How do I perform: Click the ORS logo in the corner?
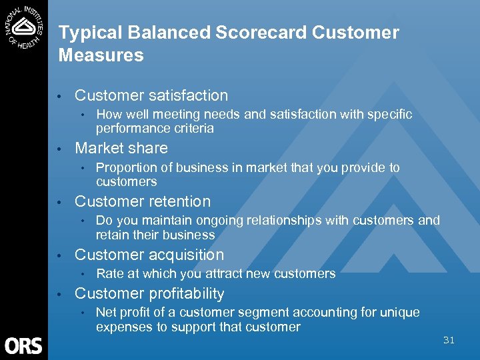(23, 345)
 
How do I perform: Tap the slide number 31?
(449, 340)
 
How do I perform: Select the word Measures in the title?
(101, 55)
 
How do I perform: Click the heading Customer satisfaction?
(151, 96)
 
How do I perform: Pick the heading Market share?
(121, 148)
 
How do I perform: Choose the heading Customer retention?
(143, 201)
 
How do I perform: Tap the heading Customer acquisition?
(149, 255)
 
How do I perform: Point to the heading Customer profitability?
(149, 293)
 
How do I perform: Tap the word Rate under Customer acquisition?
(109, 273)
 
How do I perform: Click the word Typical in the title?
(83, 33)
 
